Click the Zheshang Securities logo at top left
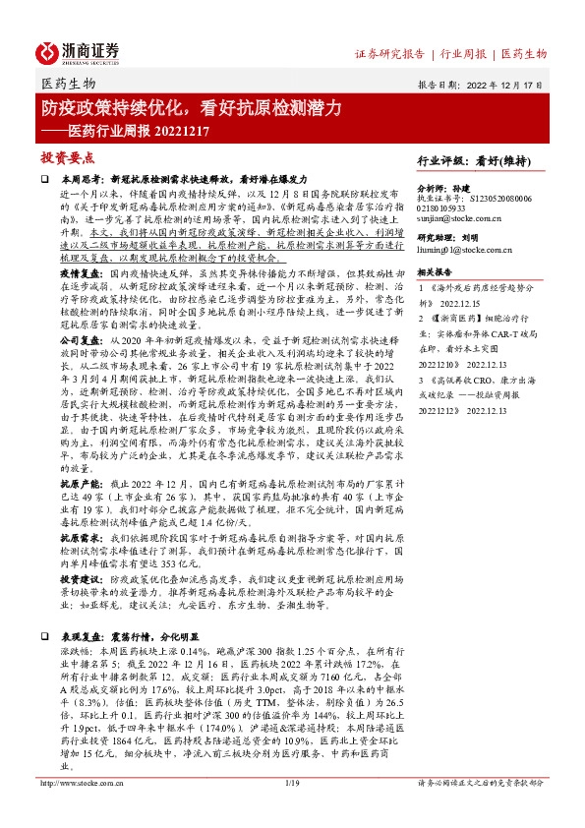(x=80, y=51)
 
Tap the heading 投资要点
(x=67, y=157)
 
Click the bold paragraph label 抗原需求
(x=77, y=538)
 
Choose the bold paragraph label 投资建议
(x=77, y=582)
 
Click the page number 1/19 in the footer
(x=291, y=810)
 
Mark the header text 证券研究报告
(x=389, y=53)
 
